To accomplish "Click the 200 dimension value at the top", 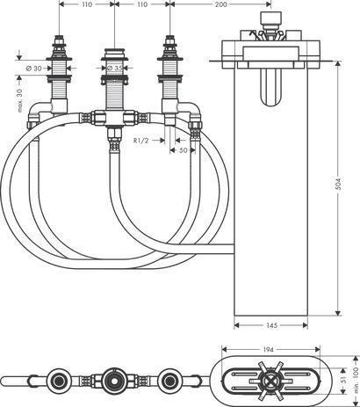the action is [221, 4].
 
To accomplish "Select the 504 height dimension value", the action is [338, 184].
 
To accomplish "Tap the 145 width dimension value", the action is [272, 325].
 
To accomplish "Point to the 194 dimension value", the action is [269, 350].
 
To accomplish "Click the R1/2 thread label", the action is [141, 141].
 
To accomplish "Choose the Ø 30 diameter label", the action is [33, 69].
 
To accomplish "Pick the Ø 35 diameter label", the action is [114, 69].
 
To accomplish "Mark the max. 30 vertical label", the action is [19, 101].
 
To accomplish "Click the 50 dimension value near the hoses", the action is [183, 150].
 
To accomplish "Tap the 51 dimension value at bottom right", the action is [344, 380].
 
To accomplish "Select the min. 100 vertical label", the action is [356, 380].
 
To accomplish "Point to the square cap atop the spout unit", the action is [270, 18].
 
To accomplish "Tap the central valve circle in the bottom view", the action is [113, 381].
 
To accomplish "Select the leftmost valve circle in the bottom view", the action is [59, 381].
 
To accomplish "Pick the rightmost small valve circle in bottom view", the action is [169, 381].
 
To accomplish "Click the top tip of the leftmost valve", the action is [59, 37].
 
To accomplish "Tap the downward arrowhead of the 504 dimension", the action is [338, 314].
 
